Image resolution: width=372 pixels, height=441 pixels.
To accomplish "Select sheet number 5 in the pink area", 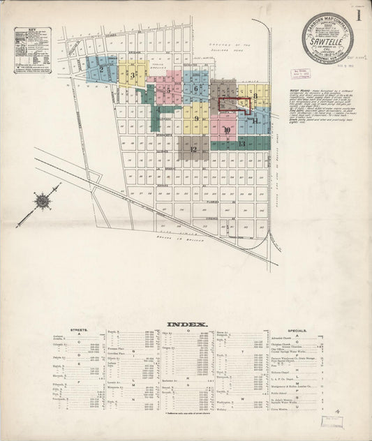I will [168, 89].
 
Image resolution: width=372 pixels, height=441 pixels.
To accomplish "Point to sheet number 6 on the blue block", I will [197, 89].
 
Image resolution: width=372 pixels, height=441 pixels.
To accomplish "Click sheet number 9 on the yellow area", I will [198, 118].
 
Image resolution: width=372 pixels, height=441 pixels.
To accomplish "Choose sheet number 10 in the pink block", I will [226, 130].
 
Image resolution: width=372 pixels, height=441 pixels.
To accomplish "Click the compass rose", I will [43, 201].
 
